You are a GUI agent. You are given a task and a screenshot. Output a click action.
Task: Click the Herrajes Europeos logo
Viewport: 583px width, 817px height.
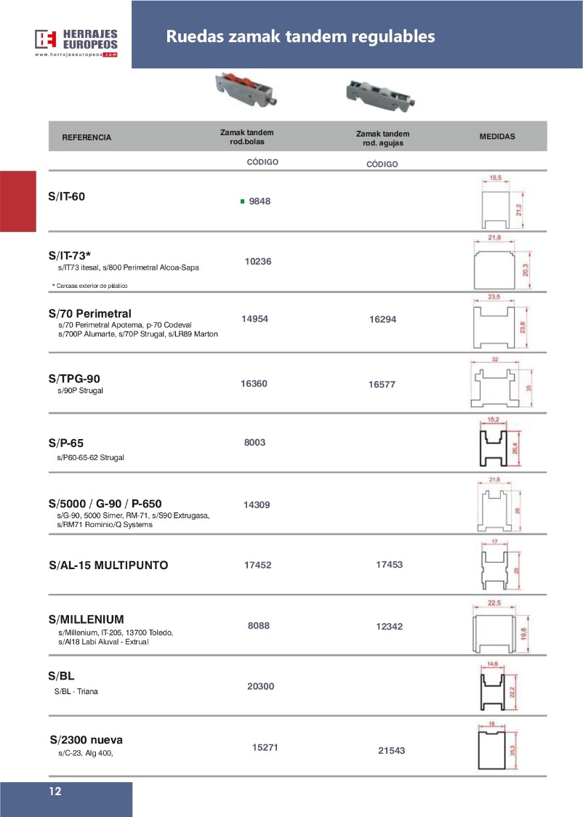76,42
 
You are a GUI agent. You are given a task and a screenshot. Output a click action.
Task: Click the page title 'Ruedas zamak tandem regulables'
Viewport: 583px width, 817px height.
300,36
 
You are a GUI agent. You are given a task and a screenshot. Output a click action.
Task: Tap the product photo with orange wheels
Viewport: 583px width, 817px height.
244,92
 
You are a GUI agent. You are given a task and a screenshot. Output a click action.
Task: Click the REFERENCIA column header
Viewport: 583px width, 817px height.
87,137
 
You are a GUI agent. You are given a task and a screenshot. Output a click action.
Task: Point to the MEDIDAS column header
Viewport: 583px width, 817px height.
498,136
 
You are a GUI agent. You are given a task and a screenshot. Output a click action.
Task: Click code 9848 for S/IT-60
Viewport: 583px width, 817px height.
260,201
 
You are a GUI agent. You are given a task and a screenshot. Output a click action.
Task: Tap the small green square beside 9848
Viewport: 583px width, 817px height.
242,201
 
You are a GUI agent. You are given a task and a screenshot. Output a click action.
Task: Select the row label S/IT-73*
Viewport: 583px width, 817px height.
70,255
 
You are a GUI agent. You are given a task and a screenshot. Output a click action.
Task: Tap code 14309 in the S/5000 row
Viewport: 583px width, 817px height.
257,504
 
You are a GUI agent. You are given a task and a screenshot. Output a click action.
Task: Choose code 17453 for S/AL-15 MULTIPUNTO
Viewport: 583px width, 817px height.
390,564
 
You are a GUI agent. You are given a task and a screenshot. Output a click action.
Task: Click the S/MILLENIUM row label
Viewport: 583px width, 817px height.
86,619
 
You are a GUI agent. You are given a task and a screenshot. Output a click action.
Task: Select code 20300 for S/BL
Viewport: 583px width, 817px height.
260,686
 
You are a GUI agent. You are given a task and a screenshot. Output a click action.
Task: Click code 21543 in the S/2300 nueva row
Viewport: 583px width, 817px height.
392,751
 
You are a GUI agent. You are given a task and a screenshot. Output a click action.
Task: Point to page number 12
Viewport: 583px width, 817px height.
55,792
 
